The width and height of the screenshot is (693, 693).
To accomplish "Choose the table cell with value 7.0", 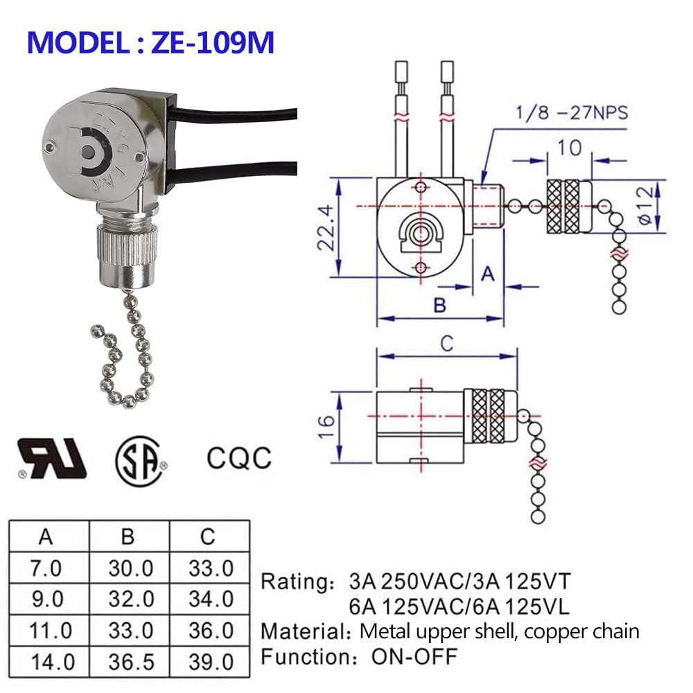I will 46,568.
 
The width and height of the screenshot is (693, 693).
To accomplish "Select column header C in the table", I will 208,537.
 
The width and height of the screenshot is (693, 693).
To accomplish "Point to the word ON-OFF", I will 414,655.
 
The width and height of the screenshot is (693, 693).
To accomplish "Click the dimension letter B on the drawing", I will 439,305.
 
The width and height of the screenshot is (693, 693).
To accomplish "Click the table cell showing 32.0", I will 130,598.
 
